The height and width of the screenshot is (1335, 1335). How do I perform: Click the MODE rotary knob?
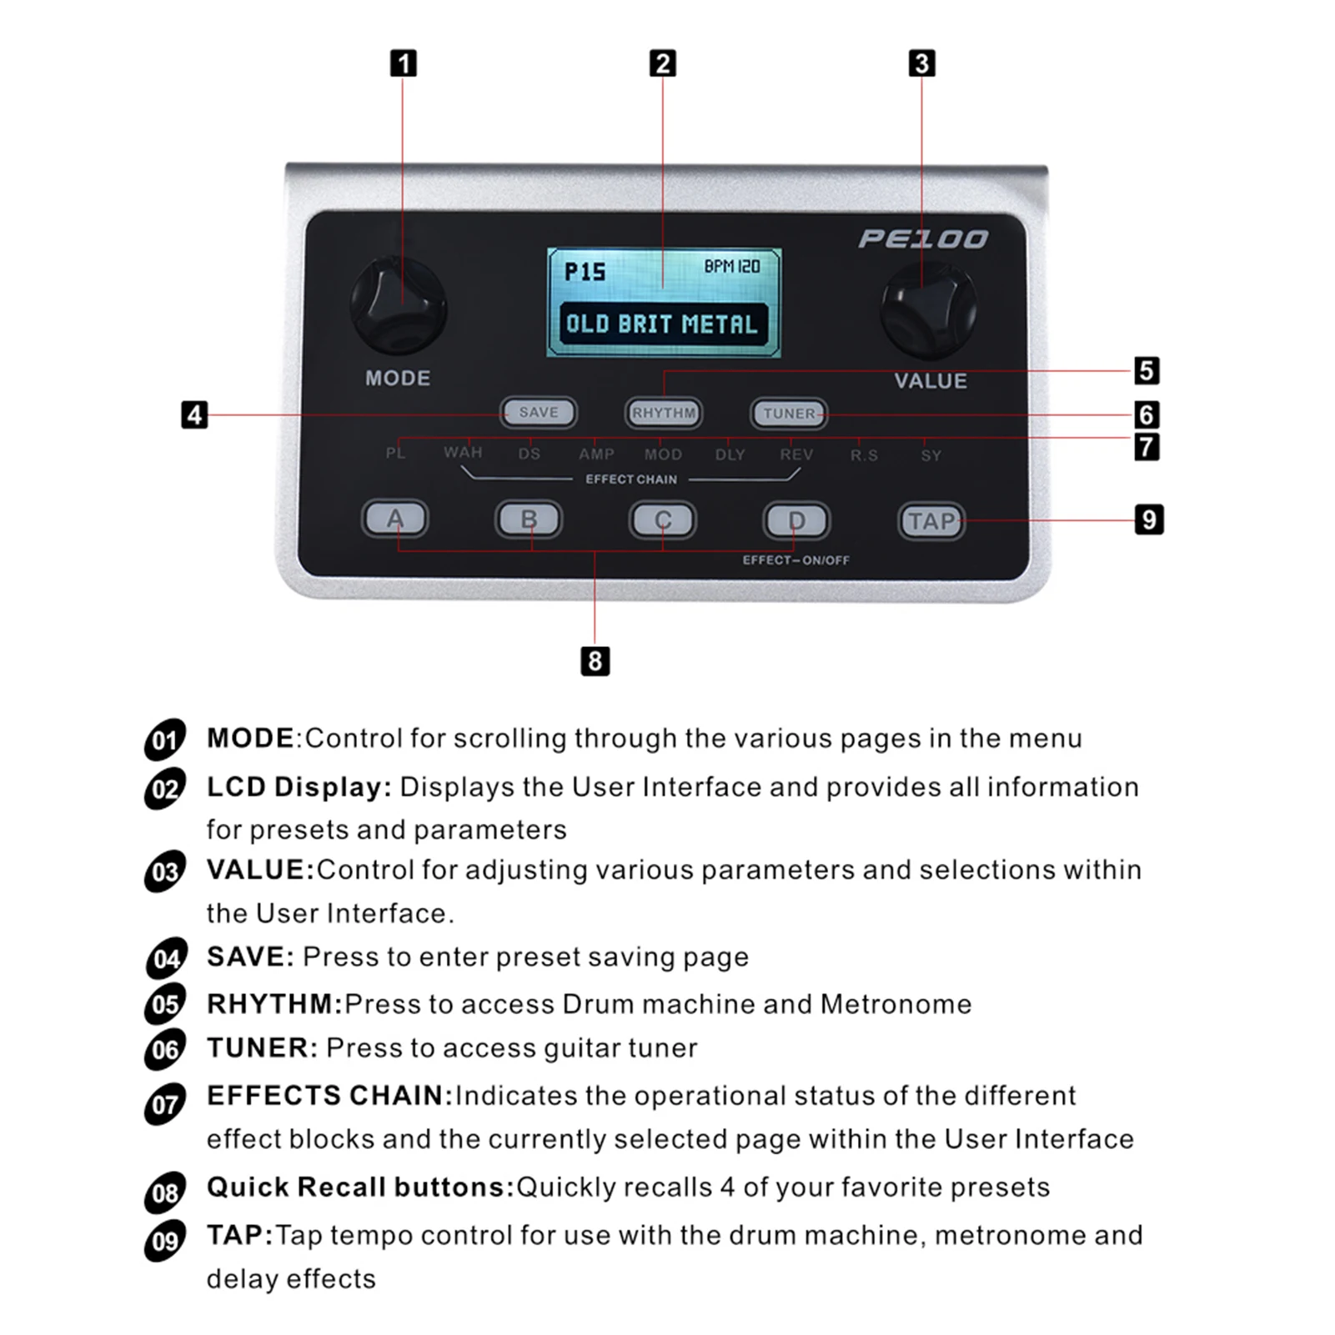coord(399,307)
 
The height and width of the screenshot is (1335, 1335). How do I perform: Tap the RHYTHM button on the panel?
coord(664,413)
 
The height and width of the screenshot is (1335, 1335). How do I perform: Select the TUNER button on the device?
coord(788,414)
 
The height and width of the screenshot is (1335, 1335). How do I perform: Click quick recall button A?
coord(394,519)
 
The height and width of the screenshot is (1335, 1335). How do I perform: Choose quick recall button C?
coord(662,520)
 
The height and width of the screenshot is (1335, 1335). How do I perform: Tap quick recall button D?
coord(796,521)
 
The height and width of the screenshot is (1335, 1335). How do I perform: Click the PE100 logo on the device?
coord(923,239)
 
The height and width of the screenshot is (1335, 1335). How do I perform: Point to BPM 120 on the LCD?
coord(731,267)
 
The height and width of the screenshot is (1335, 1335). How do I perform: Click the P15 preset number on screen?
coord(585,272)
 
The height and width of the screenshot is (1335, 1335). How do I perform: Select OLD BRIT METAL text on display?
coord(662,324)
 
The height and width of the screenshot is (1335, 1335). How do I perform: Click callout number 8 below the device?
coord(595,661)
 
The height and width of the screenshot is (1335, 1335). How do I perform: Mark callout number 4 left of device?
coord(194,414)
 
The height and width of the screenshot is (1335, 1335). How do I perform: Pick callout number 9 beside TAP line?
coord(1149,520)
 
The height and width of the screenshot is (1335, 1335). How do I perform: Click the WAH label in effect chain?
coord(463,453)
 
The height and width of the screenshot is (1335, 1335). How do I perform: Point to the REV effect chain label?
coord(796,454)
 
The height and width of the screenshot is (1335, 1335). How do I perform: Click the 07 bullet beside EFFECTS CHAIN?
coord(165,1105)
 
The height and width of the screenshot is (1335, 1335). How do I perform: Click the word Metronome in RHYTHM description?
coord(896,1004)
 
